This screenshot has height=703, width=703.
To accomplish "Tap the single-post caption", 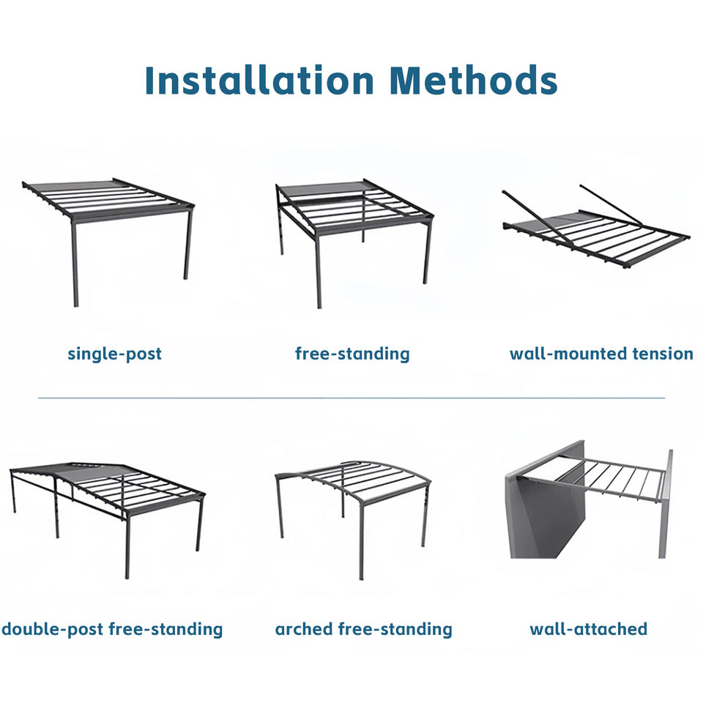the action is tap(114, 354).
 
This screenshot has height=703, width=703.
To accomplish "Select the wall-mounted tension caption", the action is tap(601, 354).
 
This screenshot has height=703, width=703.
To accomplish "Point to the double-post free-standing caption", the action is tap(112, 629).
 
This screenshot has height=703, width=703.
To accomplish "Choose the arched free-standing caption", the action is tap(363, 629).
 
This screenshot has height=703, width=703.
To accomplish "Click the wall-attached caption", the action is tap(588, 629).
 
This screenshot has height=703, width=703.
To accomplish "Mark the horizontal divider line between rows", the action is tap(351, 398).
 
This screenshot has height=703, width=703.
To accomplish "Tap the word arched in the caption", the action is tap(303, 629).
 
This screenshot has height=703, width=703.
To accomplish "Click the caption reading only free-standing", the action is tap(352, 354).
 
